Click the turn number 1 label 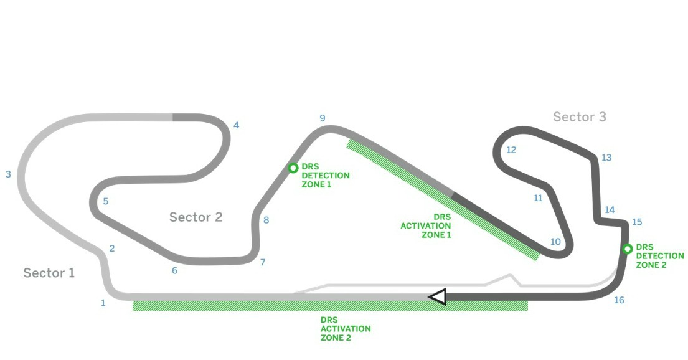pos(103,303)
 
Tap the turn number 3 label pos(8,174)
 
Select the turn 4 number pos(236,125)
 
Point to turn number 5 pos(106,201)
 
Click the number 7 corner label pos(263,262)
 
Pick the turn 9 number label pos(322,118)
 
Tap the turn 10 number pos(555,242)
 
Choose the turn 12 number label pos(511,150)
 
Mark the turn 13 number pos(606,158)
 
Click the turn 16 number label pos(618,300)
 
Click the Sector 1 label pos(49,273)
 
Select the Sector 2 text pos(196,217)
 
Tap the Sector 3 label pos(579,116)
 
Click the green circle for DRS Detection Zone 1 pos(293,168)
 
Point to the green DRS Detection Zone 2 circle pos(628,249)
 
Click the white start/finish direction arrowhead pos(438,297)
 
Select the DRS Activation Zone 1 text pos(426,225)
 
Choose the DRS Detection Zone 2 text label pos(659,256)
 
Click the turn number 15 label pos(636,222)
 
